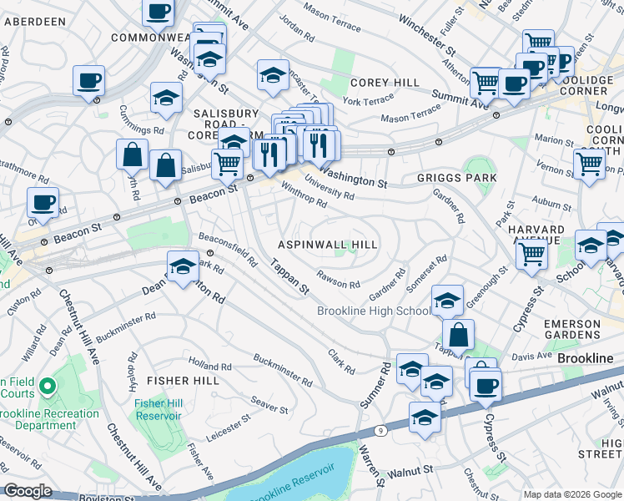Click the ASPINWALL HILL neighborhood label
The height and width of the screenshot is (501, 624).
[x=328, y=245]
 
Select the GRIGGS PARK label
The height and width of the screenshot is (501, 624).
[x=456, y=178]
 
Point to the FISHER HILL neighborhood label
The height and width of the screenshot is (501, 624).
[x=183, y=381]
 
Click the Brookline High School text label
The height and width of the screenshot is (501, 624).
[x=374, y=311]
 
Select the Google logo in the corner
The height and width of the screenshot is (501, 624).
[x=28, y=491]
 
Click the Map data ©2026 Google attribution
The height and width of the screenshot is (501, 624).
[x=571, y=494]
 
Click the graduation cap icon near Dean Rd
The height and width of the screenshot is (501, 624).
[x=183, y=267]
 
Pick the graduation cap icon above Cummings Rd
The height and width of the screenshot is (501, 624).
[x=167, y=98]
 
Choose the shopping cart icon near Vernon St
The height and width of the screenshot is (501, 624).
[x=589, y=163]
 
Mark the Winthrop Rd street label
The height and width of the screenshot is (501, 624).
[x=303, y=198]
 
